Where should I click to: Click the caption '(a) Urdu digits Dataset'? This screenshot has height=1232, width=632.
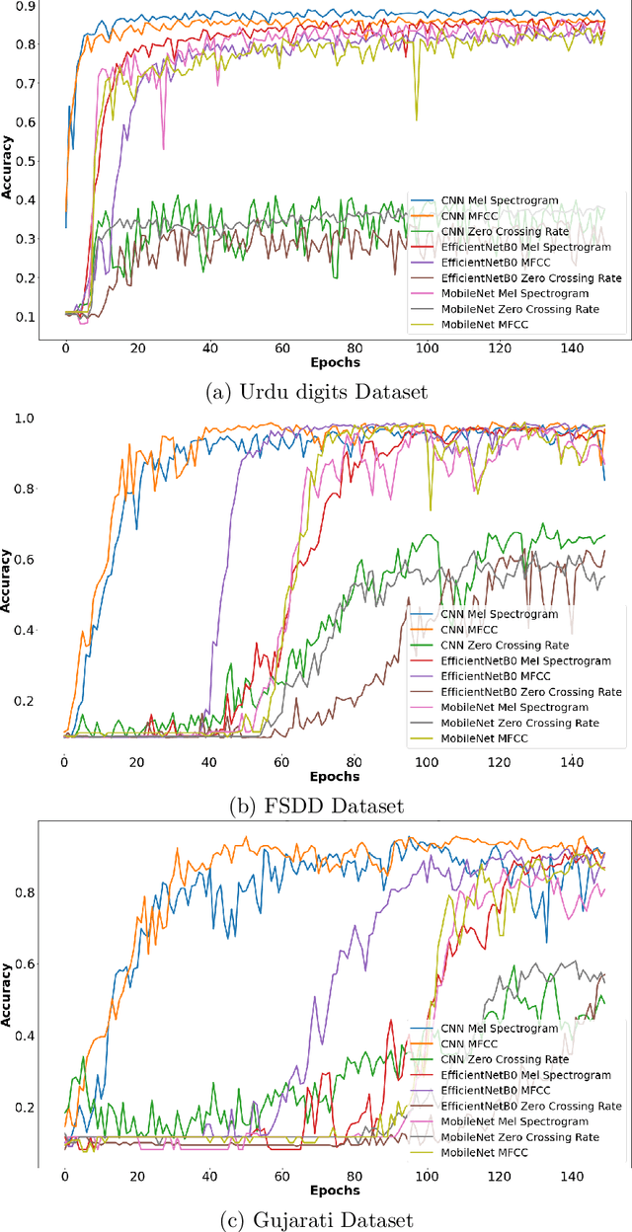click(315, 392)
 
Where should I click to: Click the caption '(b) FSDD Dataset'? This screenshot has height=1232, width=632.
click(315, 807)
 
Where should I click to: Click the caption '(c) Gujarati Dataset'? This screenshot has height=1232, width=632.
click(315, 1219)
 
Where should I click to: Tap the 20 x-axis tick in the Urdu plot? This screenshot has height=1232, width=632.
click(137, 348)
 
